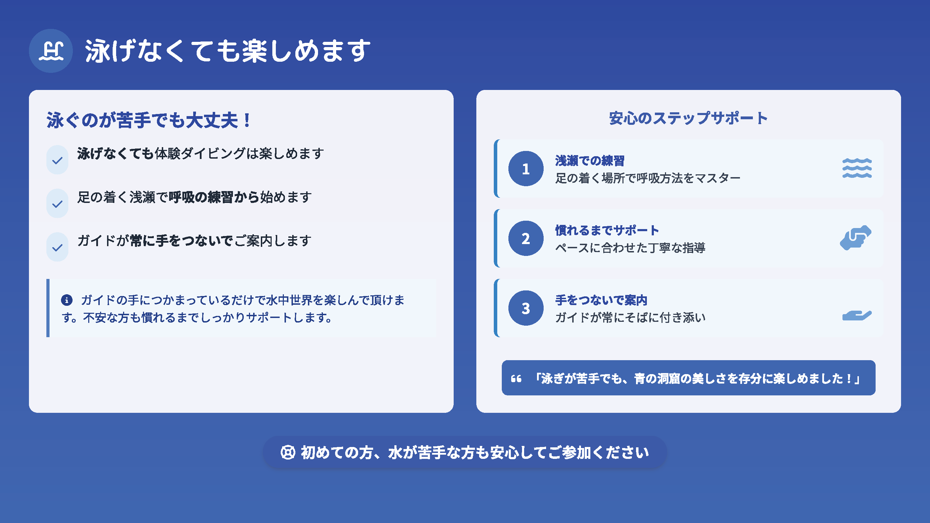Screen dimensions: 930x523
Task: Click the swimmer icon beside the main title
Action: [51, 51]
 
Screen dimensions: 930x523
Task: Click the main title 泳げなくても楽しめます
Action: [228, 51]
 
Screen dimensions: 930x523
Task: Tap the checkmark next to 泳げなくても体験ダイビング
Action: [58, 160]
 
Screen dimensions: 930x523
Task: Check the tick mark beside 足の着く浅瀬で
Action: [58, 204]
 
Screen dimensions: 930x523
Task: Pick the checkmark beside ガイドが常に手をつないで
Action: [58, 248]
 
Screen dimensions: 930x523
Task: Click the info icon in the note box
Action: [67, 300]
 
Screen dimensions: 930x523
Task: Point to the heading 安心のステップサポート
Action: [688, 118]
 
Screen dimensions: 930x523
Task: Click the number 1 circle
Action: [526, 168]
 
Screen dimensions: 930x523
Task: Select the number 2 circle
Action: [526, 238]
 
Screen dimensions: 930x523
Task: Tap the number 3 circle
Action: [526, 308]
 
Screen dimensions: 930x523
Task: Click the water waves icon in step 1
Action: [857, 168]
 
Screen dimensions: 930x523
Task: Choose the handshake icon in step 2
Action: [856, 237]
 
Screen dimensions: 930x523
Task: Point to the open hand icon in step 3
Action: [857, 315]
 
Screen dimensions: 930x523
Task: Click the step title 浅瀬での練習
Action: [590, 161]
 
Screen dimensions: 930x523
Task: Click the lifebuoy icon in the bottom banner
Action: [288, 452]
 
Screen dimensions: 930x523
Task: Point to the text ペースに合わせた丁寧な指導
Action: [630, 248]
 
